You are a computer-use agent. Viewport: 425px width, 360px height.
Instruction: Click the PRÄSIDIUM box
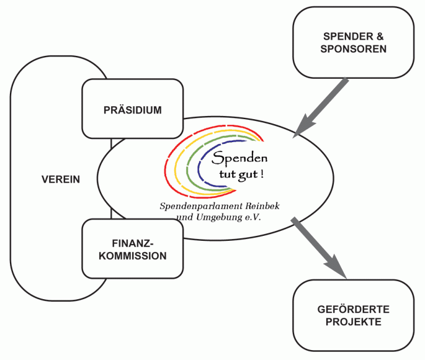[x=132, y=110]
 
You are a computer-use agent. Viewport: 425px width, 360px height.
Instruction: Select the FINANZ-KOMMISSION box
[x=132, y=249]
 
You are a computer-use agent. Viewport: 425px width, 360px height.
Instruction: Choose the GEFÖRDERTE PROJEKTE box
[x=352, y=315]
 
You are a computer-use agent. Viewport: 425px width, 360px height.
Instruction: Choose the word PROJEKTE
[x=352, y=322]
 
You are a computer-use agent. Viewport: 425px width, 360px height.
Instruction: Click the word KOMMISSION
[x=132, y=256]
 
